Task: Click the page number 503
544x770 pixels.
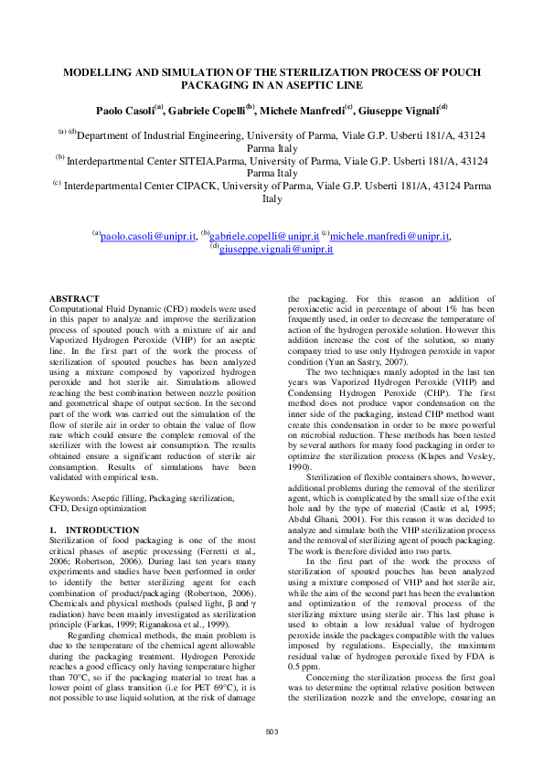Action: pyautogui.click(x=272, y=731)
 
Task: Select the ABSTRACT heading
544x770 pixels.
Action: pyautogui.click(x=74, y=299)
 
